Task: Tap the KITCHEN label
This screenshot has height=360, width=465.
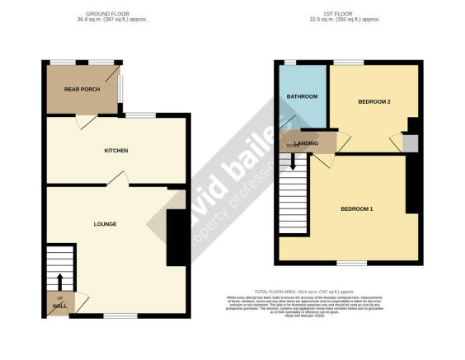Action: (115, 151)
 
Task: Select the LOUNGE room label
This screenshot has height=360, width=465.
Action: (104, 223)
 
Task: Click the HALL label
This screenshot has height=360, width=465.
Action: (59, 306)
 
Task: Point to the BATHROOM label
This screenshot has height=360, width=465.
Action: (303, 96)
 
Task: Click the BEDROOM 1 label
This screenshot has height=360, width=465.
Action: (357, 208)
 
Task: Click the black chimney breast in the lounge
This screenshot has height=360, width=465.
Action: (176, 237)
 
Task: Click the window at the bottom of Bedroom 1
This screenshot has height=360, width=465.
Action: (351, 263)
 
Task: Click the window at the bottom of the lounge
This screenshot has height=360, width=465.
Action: (120, 316)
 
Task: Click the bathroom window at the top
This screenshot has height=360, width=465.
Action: (289, 63)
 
